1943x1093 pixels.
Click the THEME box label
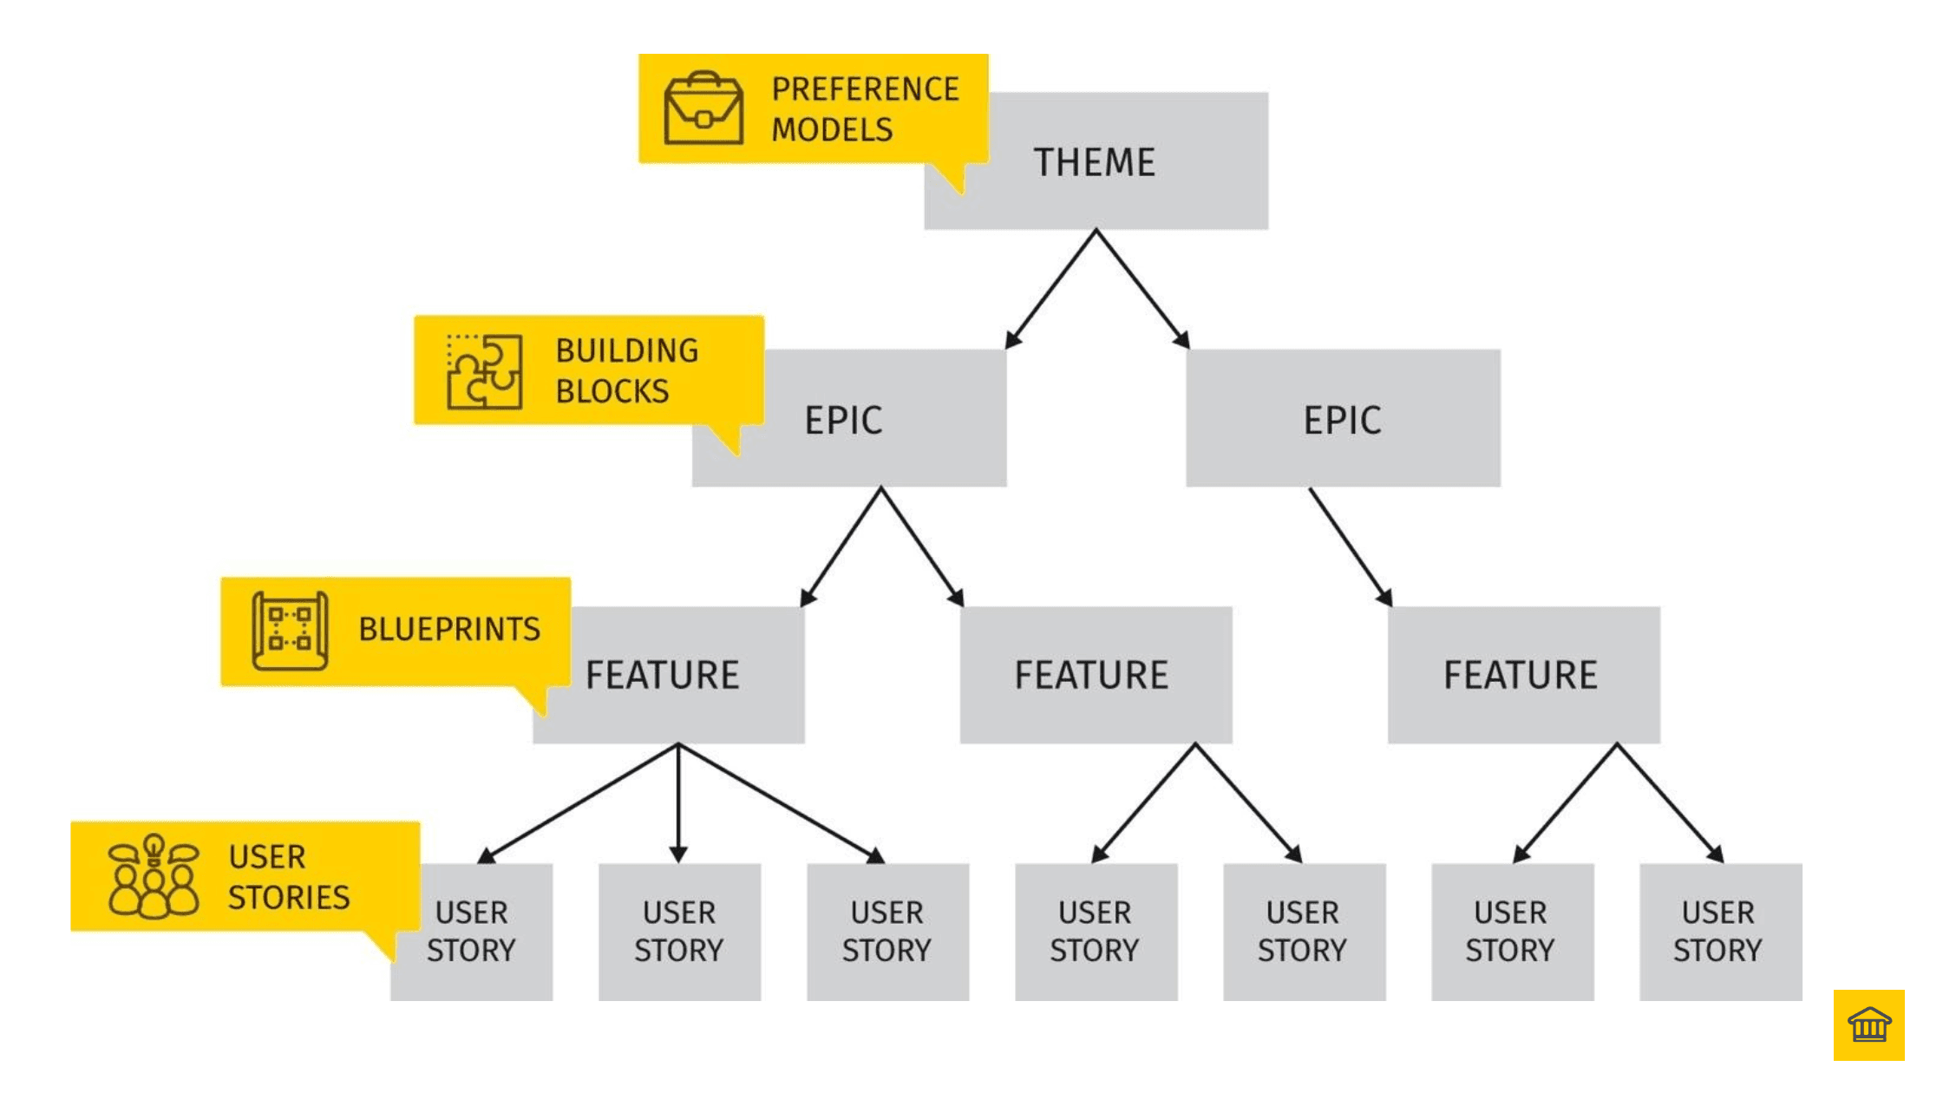pyautogui.click(x=1095, y=162)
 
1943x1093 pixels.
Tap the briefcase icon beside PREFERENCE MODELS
pyautogui.click(x=703, y=109)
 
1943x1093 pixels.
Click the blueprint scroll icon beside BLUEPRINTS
pyautogui.click(x=290, y=631)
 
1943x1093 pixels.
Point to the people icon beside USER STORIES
pyautogui.click(x=154, y=876)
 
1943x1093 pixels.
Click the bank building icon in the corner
pyautogui.click(x=1869, y=1024)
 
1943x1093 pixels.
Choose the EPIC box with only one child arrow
pyautogui.click(x=1342, y=419)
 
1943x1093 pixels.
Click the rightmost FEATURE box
pyautogui.click(x=1522, y=675)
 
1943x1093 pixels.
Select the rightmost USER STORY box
pyautogui.click(x=1719, y=932)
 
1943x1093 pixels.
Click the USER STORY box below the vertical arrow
pyautogui.click(x=679, y=932)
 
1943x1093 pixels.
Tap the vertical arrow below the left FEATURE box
pyautogui.click(x=679, y=802)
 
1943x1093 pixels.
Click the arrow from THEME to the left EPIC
pyautogui.click(x=1051, y=289)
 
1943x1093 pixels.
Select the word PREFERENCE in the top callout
pyautogui.click(x=865, y=89)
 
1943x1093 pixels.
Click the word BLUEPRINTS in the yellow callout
pyautogui.click(x=449, y=629)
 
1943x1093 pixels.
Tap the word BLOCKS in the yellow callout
pyautogui.click(x=612, y=391)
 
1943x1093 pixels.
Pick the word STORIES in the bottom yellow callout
pyautogui.click(x=289, y=897)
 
